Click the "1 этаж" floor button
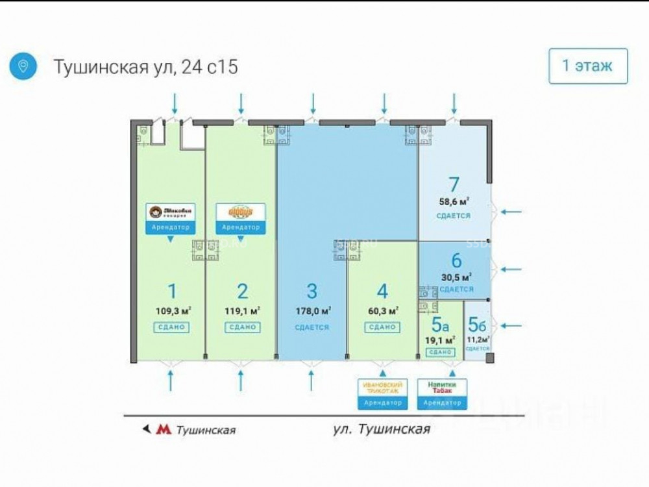588,66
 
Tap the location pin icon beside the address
23,66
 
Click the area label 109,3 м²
172,310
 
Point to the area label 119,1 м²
242,310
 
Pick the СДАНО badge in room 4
382,327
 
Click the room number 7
454,184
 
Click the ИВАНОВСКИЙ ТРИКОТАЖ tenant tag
382,393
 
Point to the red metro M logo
165,429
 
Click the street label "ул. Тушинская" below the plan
381,429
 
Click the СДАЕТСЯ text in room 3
312,327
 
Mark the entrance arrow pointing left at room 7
515,211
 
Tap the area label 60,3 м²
382,310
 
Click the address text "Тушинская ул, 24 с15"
145,66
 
